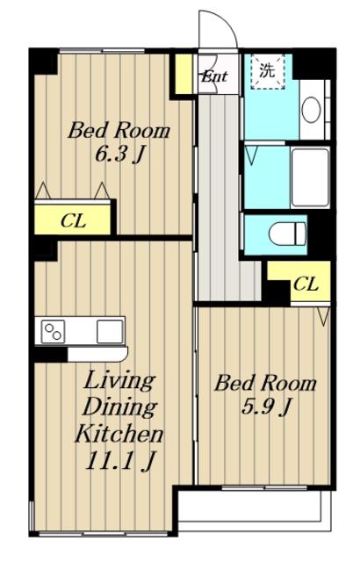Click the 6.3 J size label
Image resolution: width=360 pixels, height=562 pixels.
[119, 155]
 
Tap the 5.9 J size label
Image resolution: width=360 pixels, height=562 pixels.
[265, 407]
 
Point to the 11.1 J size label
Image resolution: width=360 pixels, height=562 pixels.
[120, 460]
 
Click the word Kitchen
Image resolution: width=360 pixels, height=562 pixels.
[119, 434]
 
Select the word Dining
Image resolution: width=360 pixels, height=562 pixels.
[120, 407]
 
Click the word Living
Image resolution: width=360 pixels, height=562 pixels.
[119, 381]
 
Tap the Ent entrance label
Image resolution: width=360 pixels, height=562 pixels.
[214, 76]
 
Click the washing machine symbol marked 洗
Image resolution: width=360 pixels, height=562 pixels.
[267, 72]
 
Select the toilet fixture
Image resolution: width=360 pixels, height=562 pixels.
[287, 234]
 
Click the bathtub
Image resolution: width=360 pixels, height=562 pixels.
[310, 177]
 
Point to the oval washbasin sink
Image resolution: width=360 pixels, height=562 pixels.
[311, 110]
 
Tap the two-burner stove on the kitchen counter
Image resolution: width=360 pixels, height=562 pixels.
[53, 332]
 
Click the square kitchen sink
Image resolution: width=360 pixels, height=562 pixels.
[110, 332]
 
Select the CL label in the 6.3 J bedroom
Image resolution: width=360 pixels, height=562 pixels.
[73, 220]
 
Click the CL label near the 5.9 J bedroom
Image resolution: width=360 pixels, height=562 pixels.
[306, 285]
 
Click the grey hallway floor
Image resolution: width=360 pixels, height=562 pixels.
[219, 197]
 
